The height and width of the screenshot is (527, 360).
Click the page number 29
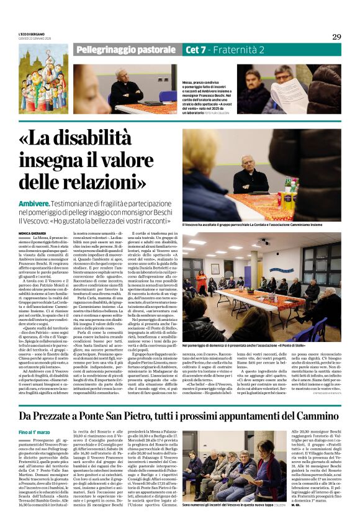336,37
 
